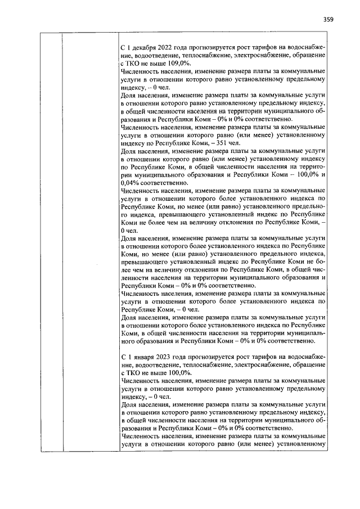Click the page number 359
(328, 20)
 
